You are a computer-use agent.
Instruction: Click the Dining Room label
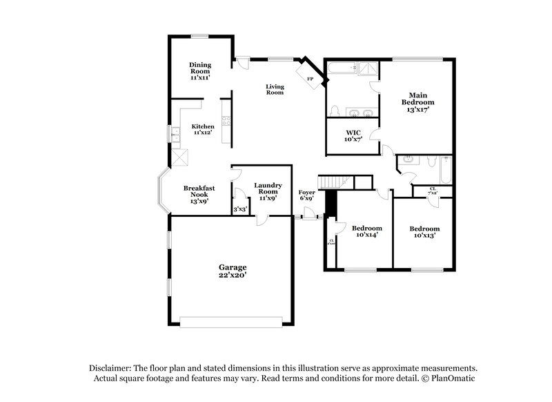[x=200, y=71]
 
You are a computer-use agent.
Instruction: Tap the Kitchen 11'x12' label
[x=203, y=130]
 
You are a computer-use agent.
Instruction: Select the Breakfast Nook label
[x=196, y=194]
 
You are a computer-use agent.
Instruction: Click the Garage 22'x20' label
[x=233, y=271]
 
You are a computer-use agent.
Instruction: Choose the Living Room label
[x=275, y=88]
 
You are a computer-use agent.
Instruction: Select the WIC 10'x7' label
[x=353, y=135]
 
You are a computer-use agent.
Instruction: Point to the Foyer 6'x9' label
[x=307, y=195]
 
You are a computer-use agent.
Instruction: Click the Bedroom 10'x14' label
[x=366, y=232]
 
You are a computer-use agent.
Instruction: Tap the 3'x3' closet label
[x=239, y=209]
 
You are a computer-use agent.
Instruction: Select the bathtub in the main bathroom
[x=342, y=68]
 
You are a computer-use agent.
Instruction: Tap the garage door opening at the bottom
[x=231, y=319]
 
